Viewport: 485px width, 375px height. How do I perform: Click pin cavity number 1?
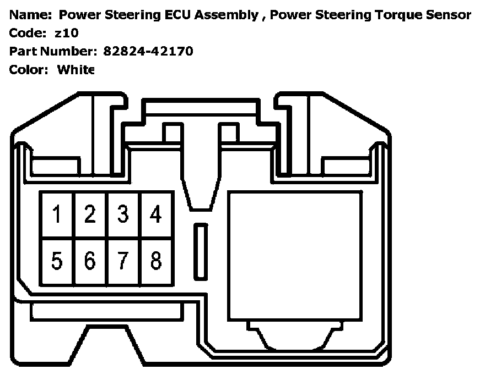click(x=57, y=214)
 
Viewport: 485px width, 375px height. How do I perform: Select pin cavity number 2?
click(x=90, y=214)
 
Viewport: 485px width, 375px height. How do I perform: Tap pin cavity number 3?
click(x=123, y=214)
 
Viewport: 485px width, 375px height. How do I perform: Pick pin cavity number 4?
click(x=156, y=214)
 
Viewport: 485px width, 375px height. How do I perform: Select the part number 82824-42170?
click(x=148, y=51)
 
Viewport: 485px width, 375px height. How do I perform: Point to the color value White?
click(x=76, y=69)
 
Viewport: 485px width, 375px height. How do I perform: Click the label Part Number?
click(x=53, y=51)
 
